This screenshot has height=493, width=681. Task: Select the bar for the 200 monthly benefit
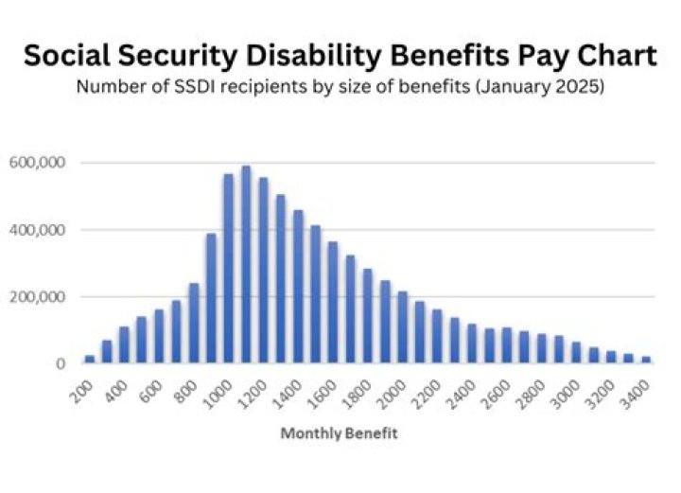click(x=90, y=360)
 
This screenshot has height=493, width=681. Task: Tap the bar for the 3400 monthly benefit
click(x=646, y=360)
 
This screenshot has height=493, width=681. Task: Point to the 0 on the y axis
click(x=60, y=364)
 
